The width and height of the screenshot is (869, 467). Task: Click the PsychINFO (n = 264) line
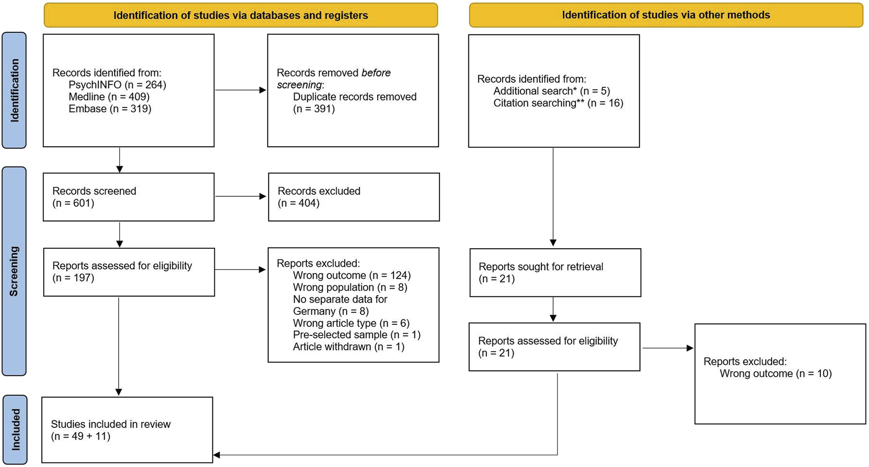click(117, 85)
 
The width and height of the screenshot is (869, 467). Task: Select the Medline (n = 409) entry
click(109, 97)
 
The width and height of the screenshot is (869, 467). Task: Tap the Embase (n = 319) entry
click(110, 108)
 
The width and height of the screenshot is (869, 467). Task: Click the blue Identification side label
click(14, 90)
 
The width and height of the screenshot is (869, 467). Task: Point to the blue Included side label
click(15, 430)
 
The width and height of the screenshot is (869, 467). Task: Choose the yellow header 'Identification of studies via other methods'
click(666, 15)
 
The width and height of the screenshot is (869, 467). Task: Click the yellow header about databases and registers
click(241, 15)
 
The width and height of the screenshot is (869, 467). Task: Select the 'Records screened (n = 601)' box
click(128, 197)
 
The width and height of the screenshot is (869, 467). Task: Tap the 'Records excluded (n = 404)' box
click(354, 197)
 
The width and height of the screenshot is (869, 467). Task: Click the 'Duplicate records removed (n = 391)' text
click(355, 103)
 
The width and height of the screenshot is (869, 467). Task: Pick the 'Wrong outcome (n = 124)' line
click(352, 275)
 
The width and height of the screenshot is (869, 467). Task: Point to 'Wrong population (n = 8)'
click(350, 287)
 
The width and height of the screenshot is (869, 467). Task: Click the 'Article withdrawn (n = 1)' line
click(349, 347)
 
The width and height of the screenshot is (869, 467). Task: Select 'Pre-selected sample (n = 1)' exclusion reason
click(357, 335)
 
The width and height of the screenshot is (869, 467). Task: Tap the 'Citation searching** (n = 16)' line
click(558, 103)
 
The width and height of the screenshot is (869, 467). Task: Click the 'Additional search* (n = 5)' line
click(552, 91)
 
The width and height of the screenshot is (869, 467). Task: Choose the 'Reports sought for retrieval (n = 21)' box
click(555, 273)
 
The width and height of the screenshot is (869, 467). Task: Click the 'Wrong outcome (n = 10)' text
click(775, 373)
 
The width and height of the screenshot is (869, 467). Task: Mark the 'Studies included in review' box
click(127, 430)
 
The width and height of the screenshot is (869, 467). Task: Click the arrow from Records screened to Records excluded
click(240, 196)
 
